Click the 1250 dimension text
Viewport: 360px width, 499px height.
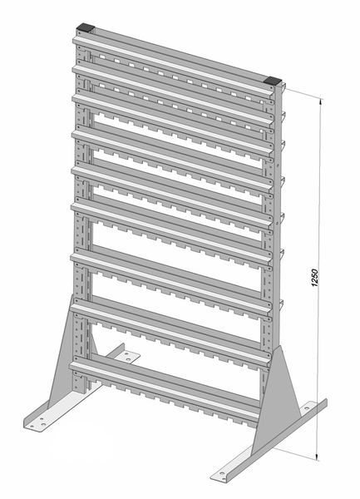pos(314,278)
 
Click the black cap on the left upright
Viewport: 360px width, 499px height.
pos(86,27)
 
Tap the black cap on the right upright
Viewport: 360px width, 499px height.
pos(273,81)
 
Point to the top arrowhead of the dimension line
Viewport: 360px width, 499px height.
pos(321,103)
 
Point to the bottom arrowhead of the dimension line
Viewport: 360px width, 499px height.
pos(317,456)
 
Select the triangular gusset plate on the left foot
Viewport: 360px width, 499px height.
pos(64,353)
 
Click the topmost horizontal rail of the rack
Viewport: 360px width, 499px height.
pos(173,65)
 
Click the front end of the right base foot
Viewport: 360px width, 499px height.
pos(220,477)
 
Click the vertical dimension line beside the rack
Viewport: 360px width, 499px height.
pos(318,279)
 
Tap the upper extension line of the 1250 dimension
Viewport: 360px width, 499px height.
pos(302,93)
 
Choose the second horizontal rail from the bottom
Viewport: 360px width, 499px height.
pos(170,333)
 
